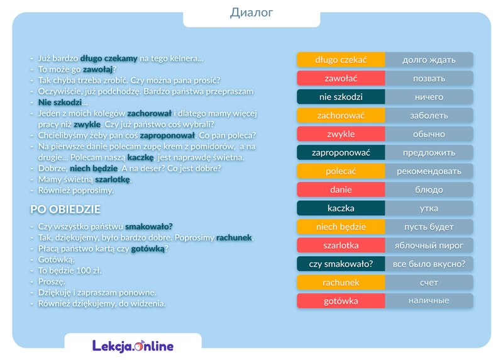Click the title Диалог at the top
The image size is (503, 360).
(251, 13)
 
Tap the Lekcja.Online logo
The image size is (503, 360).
(133, 346)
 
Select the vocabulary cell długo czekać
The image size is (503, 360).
(341, 60)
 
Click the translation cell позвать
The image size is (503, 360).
(429, 79)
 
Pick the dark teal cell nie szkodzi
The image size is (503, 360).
(341, 97)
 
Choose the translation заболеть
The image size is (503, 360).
(429, 116)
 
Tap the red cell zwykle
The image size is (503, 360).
(341, 134)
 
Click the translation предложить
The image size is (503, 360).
(429, 153)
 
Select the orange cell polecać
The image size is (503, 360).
(341, 171)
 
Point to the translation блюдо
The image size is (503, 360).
(429, 189)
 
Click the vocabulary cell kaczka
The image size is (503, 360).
(341, 208)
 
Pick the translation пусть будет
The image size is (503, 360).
(429, 227)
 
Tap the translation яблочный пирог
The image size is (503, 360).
(429, 245)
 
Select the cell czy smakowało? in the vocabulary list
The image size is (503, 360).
(341, 264)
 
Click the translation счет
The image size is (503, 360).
(429, 283)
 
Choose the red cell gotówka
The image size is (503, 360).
(341, 301)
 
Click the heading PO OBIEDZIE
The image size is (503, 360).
(65, 210)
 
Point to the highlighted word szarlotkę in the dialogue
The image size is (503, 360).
(113, 179)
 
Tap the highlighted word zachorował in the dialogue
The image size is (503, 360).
(149, 113)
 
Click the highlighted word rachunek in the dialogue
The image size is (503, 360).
(234, 238)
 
